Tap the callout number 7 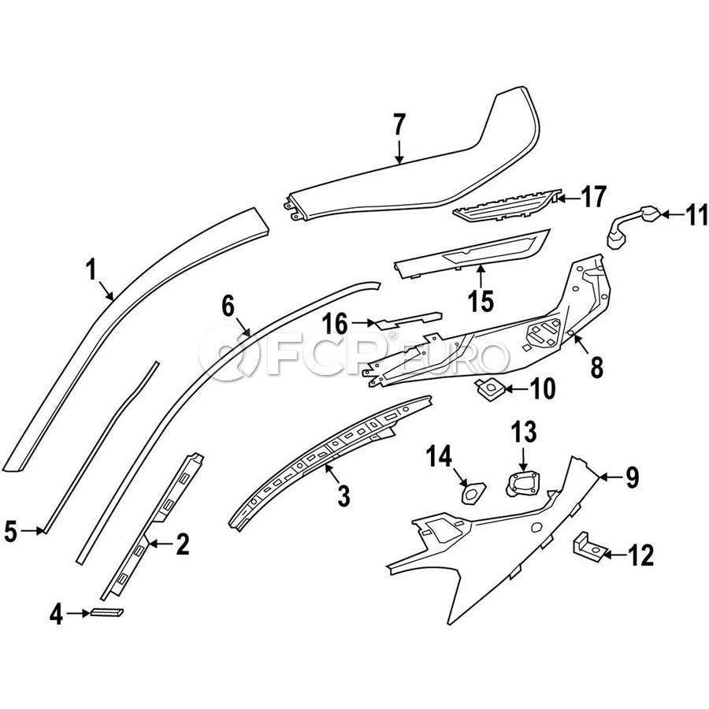399,125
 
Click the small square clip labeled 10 488,386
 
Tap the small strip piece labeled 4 106,613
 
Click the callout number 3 342,496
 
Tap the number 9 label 632,477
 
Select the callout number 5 10,533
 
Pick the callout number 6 227,306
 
